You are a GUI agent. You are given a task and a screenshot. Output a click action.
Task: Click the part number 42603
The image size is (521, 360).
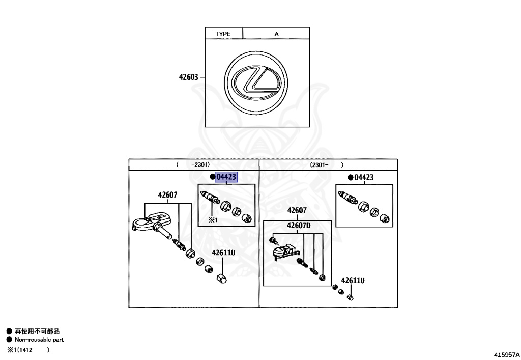coord(188,77)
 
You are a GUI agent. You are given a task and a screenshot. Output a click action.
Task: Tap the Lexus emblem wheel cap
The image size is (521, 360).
coord(256,81)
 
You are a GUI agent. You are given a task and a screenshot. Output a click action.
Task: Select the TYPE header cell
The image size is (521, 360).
coord(223,34)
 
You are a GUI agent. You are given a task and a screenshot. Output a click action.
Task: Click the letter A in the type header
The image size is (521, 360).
coord(277,34)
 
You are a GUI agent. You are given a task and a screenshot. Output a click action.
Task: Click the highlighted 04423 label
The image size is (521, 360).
coord(226,177)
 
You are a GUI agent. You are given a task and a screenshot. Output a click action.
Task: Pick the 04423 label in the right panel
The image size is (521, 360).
coord(364,177)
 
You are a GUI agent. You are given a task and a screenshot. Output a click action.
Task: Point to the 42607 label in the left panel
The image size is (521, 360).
coord(167,195)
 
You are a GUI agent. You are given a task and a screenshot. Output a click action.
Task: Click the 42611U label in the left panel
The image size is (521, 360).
coord(223,253)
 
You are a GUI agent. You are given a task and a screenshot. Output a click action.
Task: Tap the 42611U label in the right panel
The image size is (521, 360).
coord(353,280)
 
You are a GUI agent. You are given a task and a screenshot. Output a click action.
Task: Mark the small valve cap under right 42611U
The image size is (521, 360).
coord(350,296)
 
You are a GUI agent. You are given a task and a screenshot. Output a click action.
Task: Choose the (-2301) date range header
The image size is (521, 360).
coord(193,164)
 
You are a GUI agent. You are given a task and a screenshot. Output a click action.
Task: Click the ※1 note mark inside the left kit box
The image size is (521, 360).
coord(212,219)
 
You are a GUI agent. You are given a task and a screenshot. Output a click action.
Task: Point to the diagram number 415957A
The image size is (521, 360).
coord(506,353)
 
